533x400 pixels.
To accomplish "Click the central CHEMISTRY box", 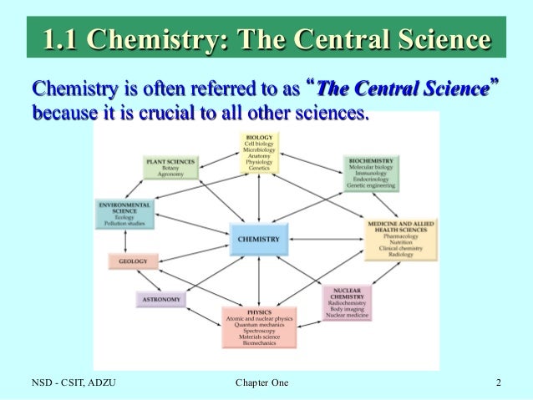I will pos(259,238).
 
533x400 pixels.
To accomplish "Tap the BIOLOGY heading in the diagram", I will pos(258,136).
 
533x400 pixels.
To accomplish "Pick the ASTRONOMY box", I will pos(162,297).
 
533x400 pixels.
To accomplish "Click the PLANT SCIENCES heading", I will pos(170,160).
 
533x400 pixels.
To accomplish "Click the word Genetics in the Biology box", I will pos(258,168).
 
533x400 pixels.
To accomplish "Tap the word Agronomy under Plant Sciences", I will pos(170,175).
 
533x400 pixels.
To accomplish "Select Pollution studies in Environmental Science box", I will pos(124,225).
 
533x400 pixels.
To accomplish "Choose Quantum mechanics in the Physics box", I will pos(258,326).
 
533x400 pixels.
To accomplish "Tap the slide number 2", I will pos(498,383).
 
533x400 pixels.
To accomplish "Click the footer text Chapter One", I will pos(262,383).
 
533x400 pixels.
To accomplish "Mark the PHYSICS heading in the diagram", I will pos(258,311).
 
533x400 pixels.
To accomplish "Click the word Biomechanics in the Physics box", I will pos(258,342).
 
